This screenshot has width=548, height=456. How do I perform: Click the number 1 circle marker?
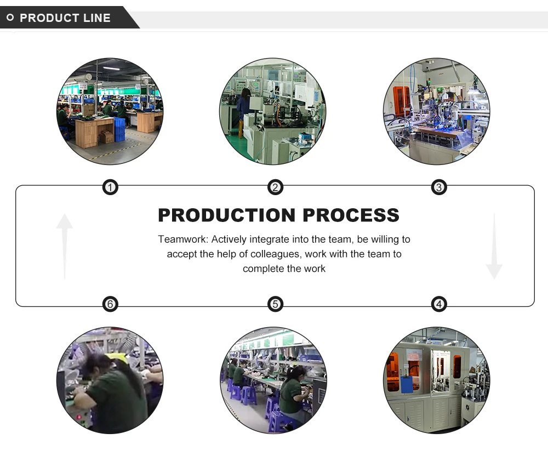tap(111, 188)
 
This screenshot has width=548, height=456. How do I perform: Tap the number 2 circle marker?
tap(275, 188)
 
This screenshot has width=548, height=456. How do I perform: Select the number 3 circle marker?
tap(438, 188)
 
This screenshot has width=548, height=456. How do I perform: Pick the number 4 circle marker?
tap(438, 304)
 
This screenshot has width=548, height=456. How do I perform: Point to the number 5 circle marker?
tap(275, 304)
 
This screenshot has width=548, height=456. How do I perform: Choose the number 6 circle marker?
tap(111, 304)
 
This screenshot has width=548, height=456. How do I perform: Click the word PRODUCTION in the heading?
tap(227, 215)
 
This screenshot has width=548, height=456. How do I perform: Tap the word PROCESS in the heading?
tap(351, 215)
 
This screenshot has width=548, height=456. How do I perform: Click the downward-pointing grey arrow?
tap(494, 247)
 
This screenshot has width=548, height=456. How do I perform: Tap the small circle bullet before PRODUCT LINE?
tap(10, 18)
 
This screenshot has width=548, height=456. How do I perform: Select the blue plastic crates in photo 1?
tap(119, 129)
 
